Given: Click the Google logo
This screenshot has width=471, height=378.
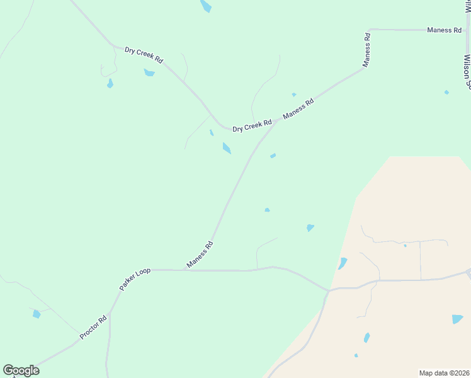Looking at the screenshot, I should tap(21, 370).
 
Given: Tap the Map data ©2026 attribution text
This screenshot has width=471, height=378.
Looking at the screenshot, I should tap(445, 372).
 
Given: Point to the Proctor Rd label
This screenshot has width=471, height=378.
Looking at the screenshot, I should tap(93, 328).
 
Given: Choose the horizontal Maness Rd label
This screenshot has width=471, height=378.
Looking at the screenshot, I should tap(444, 30).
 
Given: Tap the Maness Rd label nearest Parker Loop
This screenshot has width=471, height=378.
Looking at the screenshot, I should tap(200, 254).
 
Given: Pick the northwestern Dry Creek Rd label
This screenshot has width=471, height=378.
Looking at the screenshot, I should tap(144, 54).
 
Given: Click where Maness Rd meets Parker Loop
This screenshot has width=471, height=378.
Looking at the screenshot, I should tap(186, 270).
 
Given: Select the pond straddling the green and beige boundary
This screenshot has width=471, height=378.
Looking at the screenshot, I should tap(343, 263).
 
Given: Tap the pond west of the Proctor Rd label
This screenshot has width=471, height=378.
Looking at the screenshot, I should tap(37, 314).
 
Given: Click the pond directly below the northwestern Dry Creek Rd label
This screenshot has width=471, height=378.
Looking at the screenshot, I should tap(149, 72).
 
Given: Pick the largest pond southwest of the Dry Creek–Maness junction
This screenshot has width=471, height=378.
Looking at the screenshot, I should tap(227, 148).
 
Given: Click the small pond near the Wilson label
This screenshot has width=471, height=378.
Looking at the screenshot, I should tap(446, 93).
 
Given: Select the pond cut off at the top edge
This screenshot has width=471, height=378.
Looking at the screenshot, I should tap(205, 6).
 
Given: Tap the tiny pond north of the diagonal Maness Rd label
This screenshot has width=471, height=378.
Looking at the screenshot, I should tap(294, 95).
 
